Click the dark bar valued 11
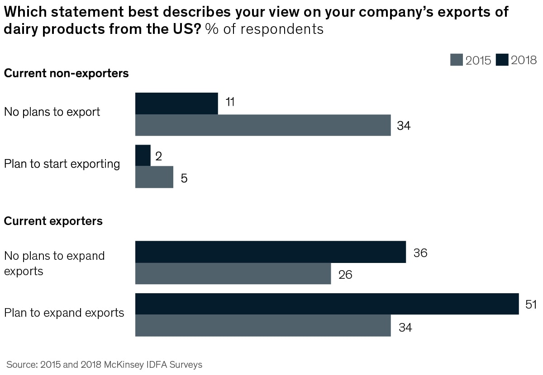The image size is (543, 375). [x=176, y=103]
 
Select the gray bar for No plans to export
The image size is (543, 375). [x=263, y=125]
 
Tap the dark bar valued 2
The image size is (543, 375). [x=143, y=155]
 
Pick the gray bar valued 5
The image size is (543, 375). [x=154, y=177]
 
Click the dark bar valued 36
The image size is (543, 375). [x=271, y=252]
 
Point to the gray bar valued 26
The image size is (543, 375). [x=233, y=274]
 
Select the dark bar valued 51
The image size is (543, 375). [x=327, y=304]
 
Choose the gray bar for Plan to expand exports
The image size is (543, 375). [x=263, y=325]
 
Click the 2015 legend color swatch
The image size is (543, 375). [x=457, y=60]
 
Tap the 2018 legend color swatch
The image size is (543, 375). [x=502, y=60]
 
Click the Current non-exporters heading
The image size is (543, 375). [x=66, y=73]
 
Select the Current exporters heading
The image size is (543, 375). [x=53, y=221]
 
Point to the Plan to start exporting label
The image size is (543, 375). [x=62, y=164]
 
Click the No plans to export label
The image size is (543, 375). [x=52, y=112]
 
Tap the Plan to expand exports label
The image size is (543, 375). [x=64, y=313]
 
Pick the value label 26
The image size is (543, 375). [x=345, y=274]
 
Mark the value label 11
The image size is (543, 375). [x=230, y=102]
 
